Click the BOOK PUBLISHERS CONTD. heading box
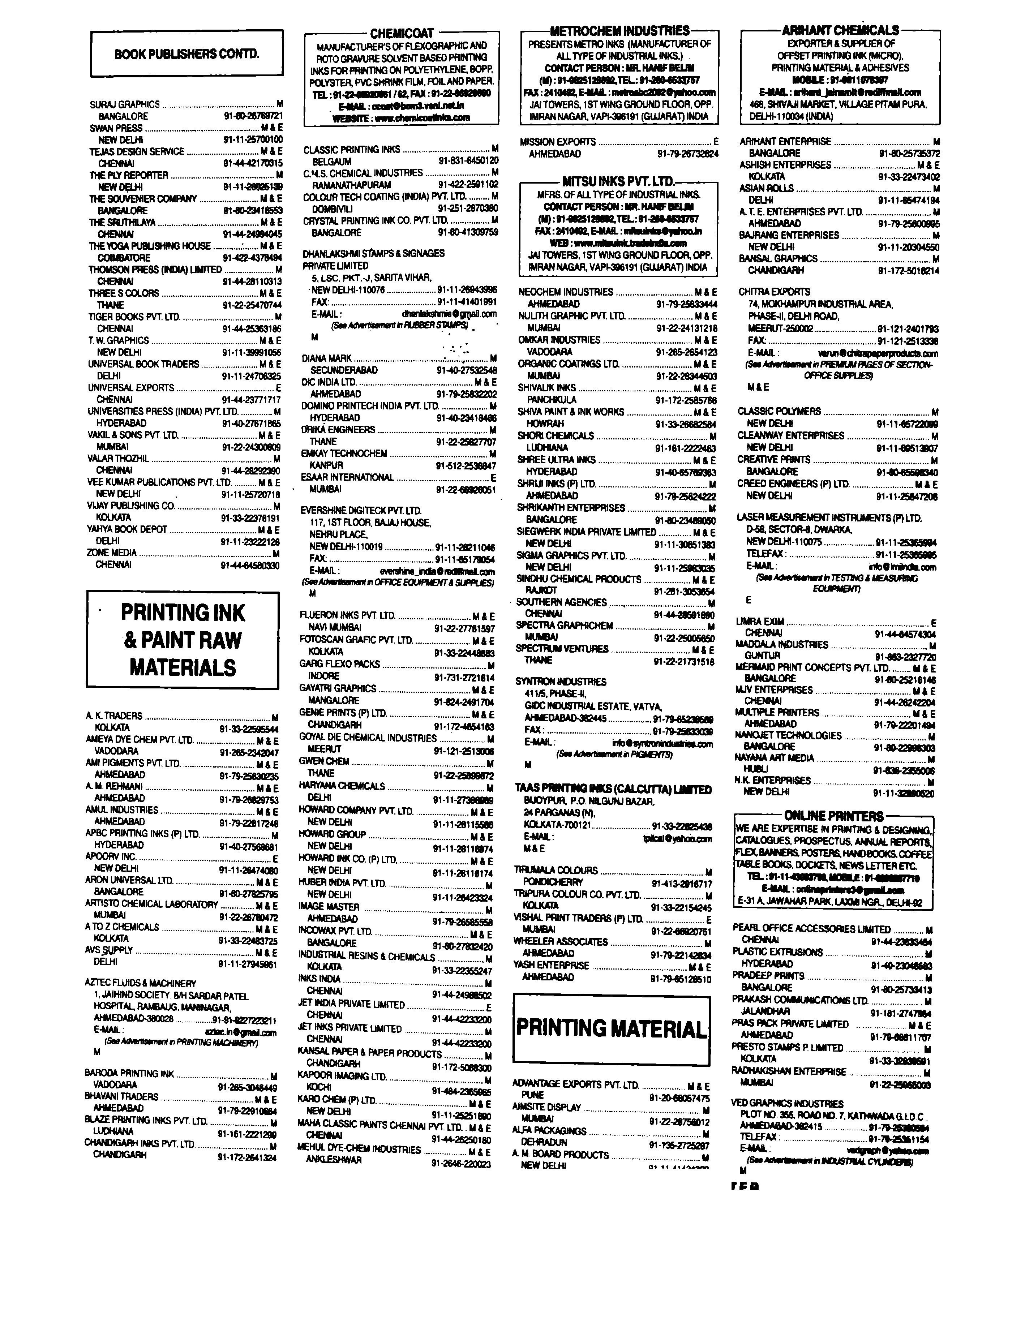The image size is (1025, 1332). [x=187, y=54]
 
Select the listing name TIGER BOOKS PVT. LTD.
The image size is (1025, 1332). [x=134, y=317]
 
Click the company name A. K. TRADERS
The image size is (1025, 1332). [x=114, y=716]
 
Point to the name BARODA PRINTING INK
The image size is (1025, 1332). [x=129, y=1073]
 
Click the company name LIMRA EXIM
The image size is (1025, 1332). [x=760, y=622]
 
